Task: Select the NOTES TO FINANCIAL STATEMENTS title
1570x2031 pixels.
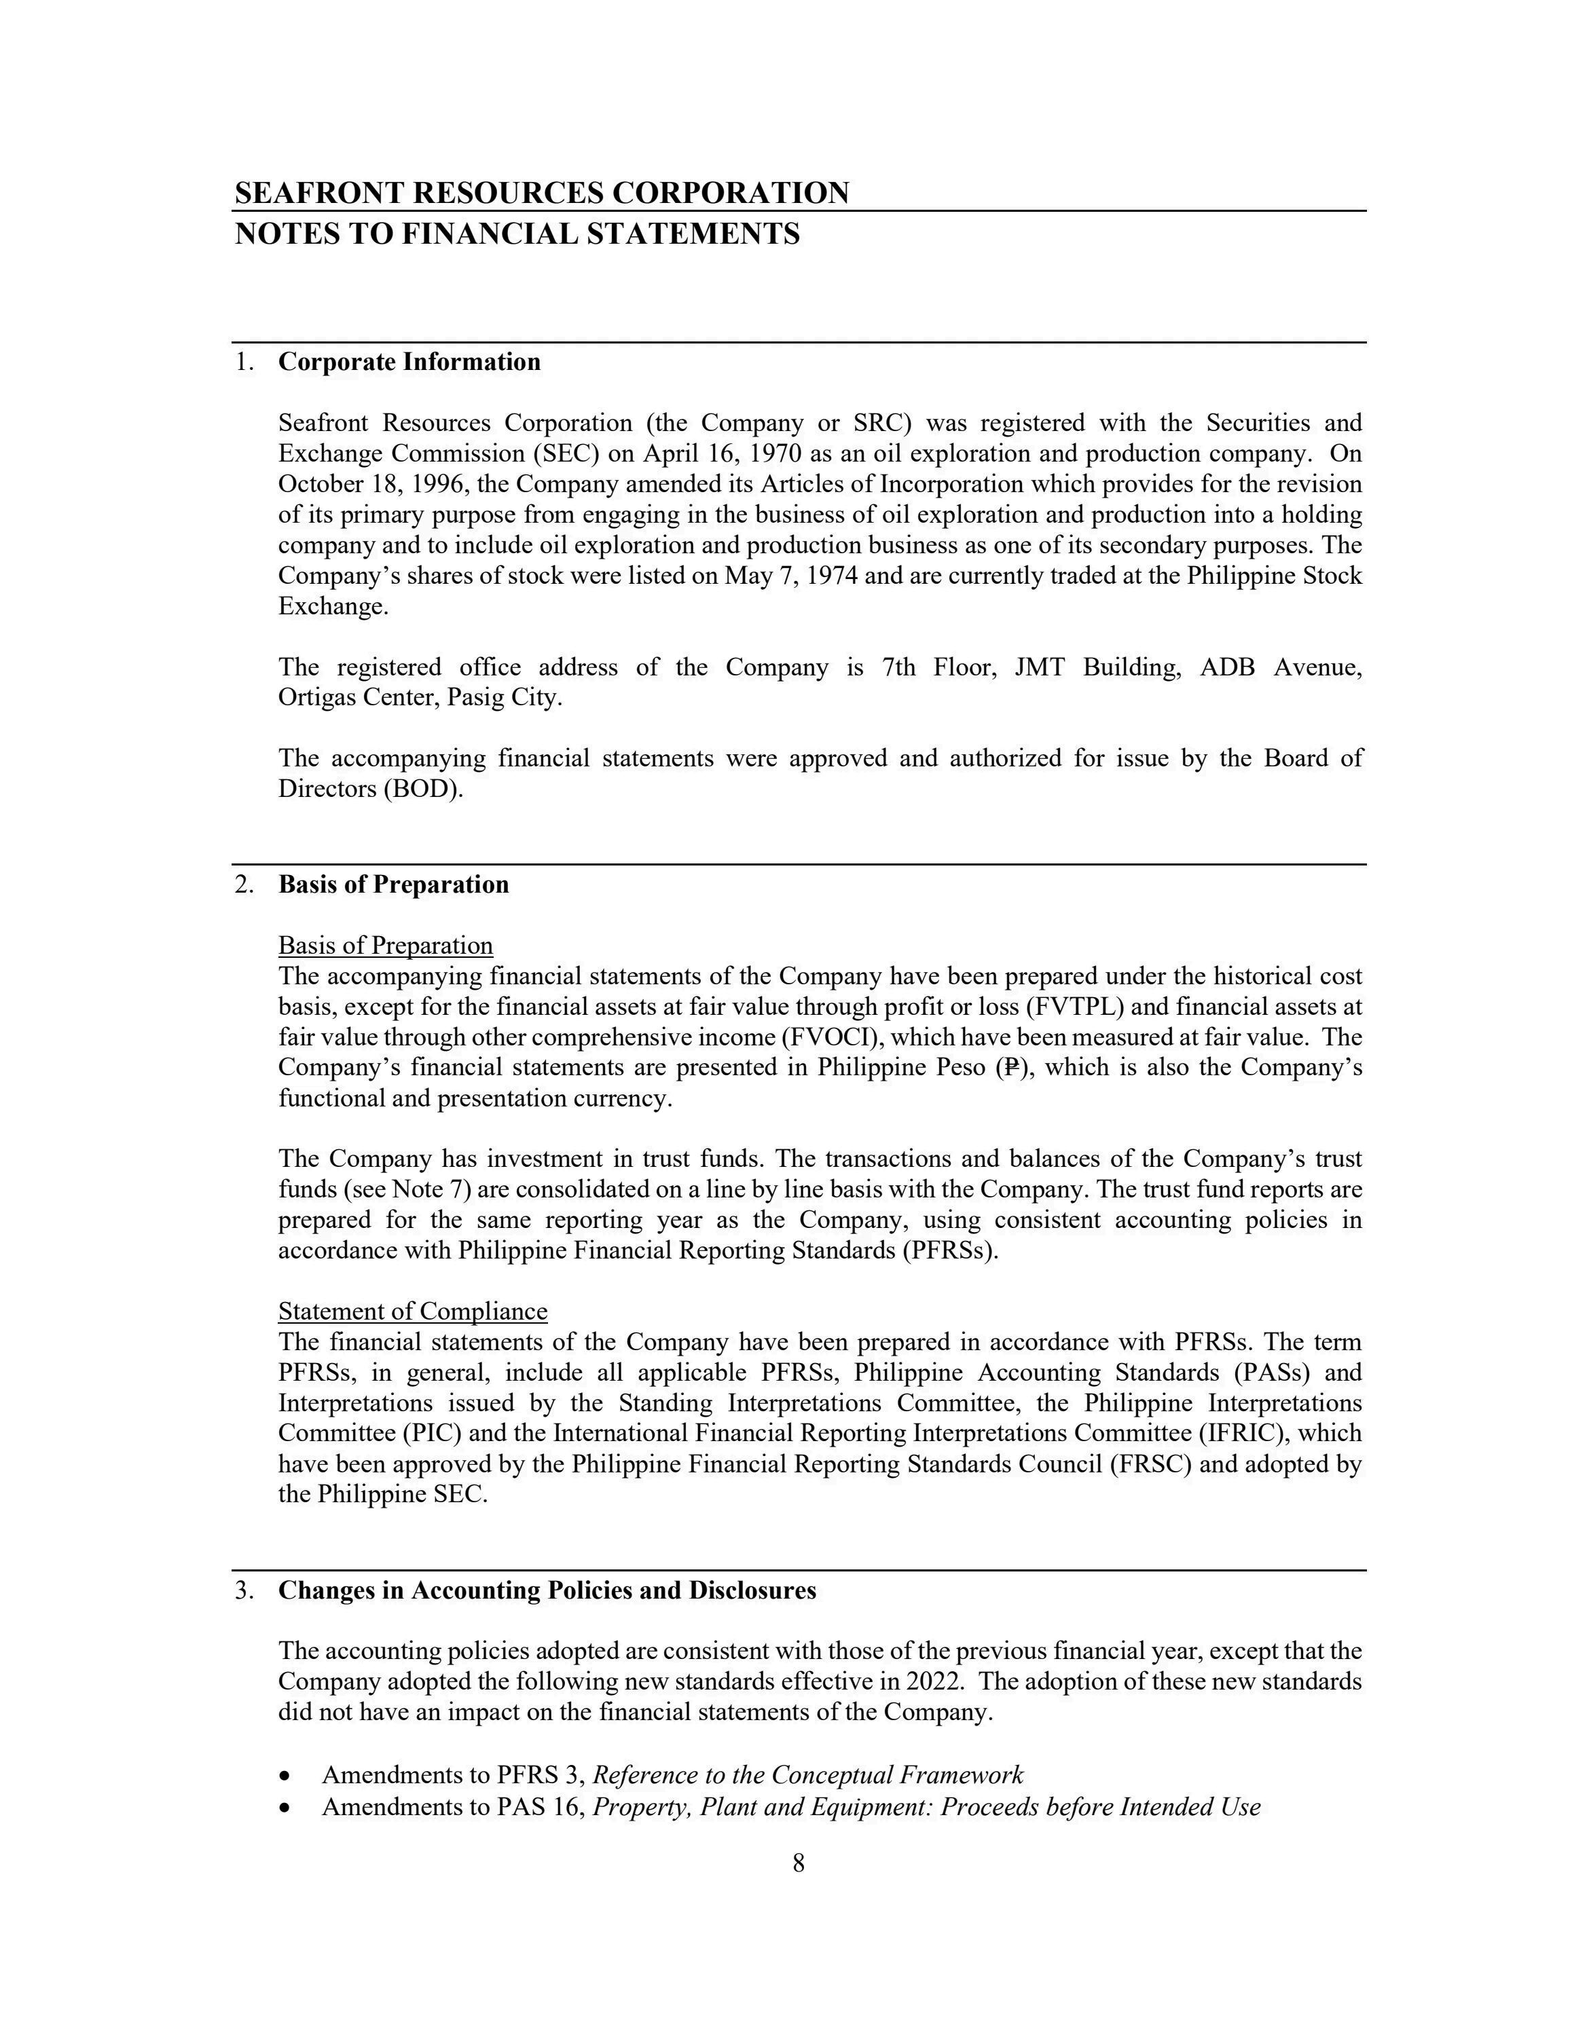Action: pos(517,234)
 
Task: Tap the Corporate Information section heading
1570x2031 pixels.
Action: pos(409,362)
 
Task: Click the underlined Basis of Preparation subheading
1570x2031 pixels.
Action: pos(385,946)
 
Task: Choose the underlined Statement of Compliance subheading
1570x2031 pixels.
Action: pos(412,1311)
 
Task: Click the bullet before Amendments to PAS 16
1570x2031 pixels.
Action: pos(285,1808)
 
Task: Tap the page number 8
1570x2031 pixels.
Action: pos(798,1863)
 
